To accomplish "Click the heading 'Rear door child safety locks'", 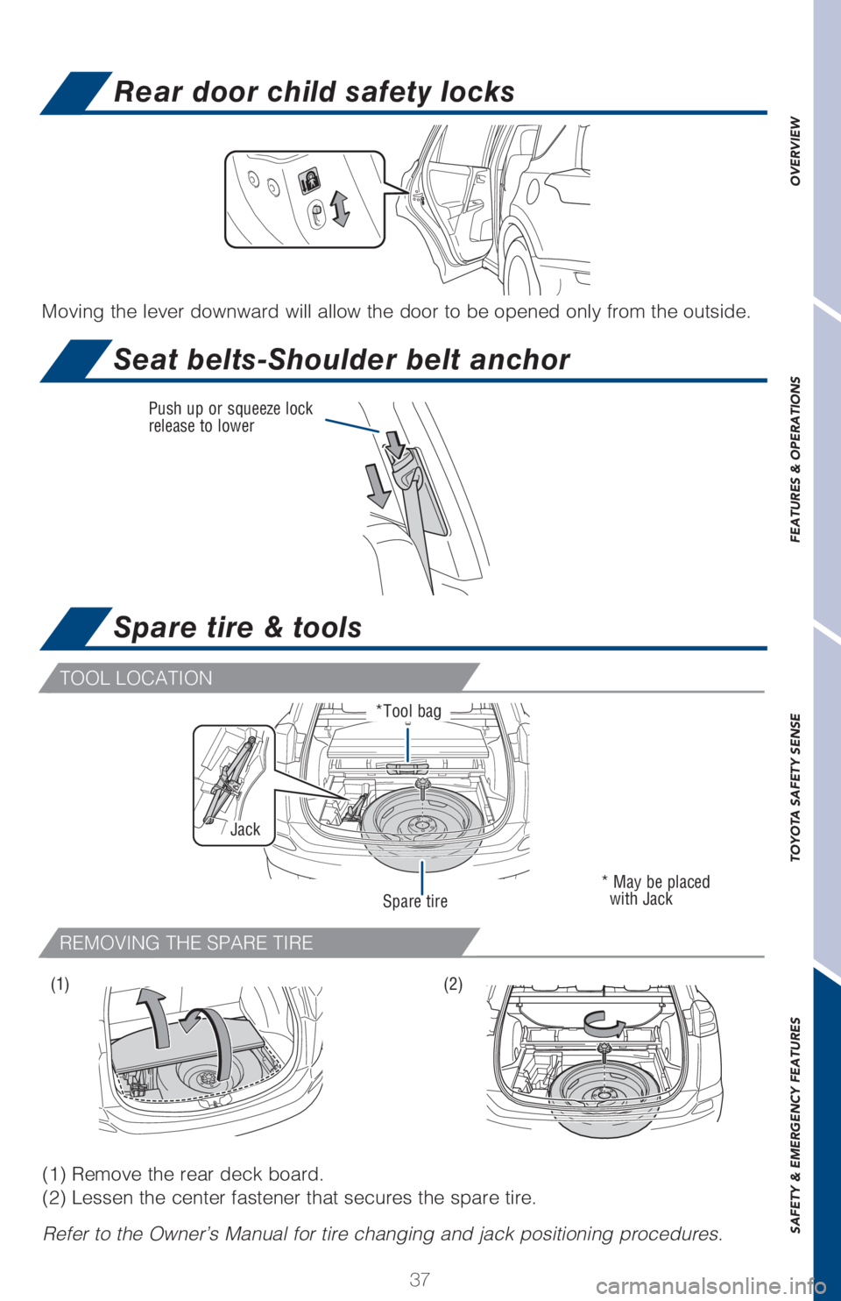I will [x=314, y=92].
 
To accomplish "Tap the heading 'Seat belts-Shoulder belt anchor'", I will [x=342, y=359].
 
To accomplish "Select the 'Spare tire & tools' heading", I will [x=237, y=628].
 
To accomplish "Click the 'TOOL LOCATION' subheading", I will [x=137, y=679].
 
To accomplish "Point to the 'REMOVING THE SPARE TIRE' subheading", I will [x=187, y=943].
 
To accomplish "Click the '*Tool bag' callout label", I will [x=409, y=711].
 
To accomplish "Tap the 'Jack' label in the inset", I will [x=245, y=829].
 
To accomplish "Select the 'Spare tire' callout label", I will [x=415, y=901].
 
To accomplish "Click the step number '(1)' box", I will [x=60, y=985].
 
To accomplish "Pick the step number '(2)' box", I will [x=453, y=985].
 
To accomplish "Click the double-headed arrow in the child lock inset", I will [x=340, y=208].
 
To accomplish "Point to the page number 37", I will [x=420, y=1278].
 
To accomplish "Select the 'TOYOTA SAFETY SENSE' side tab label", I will [x=795, y=786].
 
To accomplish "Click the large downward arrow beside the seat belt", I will [x=378, y=486].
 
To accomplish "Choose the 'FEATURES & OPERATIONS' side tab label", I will [x=795, y=459].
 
